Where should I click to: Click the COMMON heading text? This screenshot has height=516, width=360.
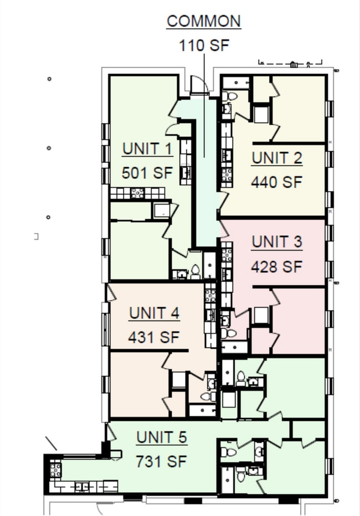pyautogui.click(x=204, y=21)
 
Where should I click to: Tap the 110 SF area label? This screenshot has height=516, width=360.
pyautogui.click(x=203, y=45)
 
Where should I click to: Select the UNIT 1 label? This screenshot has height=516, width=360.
pyautogui.click(x=147, y=149)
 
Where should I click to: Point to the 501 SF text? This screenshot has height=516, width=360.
pyautogui.click(x=147, y=173)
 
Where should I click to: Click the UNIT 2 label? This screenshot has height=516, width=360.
pyautogui.click(x=277, y=158)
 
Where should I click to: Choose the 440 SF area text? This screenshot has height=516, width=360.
pyautogui.click(x=277, y=182)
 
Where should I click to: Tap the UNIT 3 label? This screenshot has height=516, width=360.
pyautogui.click(x=277, y=242)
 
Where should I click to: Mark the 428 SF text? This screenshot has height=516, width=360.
pyautogui.click(x=277, y=266)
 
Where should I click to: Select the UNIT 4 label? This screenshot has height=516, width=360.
pyautogui.click(x=154, y=313)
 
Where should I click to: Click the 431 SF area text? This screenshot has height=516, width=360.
pyautogui.click(x=154, y=337)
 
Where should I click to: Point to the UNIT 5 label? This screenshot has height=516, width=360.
pyautogui.click(x=162, y=437)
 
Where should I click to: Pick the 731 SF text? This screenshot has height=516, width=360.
pyautogui.click(x=162, y=461)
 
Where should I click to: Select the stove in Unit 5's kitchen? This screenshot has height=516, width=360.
pyautogui.click(x=55, y=471)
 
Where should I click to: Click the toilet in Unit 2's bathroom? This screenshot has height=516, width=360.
pyautogui.click(x=232, y=96)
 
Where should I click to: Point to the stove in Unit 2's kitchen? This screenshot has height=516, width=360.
pyautogui.click(x=227, y=174)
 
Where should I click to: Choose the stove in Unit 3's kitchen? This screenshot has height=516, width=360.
pyautogui.click(x=227, y=255)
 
